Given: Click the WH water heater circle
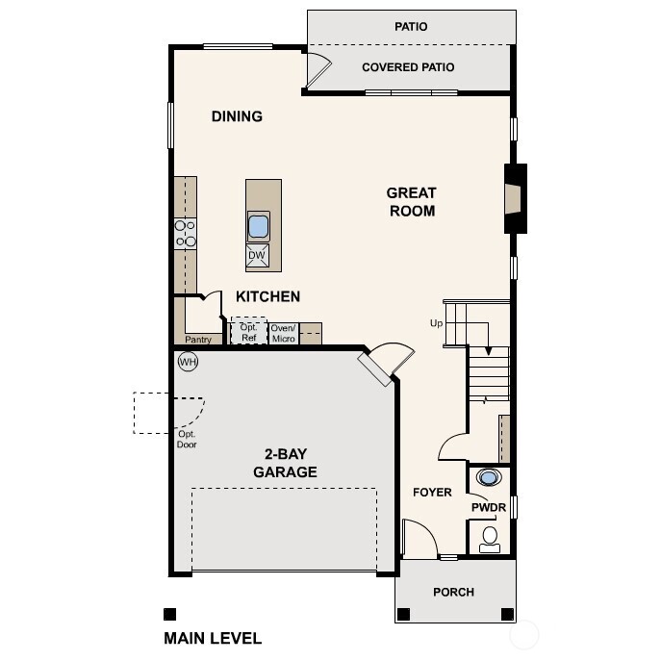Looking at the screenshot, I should (188, 362).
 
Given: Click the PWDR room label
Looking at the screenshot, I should (489, 507).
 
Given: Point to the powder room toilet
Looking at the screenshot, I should (490, 538).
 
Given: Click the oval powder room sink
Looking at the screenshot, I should (490, 476).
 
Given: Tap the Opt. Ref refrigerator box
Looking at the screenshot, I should (248, 332).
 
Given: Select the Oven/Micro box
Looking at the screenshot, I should (282, 332).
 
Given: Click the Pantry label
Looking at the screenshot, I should (198, 340).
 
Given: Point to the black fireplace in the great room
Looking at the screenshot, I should (517, 198).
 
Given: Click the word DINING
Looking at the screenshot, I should (237, 116).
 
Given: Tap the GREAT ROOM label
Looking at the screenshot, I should (412, 202).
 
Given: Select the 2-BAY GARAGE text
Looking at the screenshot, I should (285, 464).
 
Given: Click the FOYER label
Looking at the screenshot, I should (432, 493).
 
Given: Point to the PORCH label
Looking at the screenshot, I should (453, 592).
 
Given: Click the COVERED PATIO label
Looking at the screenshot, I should (408, 67).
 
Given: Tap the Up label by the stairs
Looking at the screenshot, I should (437, 323).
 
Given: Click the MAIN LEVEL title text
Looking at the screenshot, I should (213, 638).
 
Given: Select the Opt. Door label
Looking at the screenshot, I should (187, 440).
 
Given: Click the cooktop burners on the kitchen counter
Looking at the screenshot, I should (185, 233).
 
